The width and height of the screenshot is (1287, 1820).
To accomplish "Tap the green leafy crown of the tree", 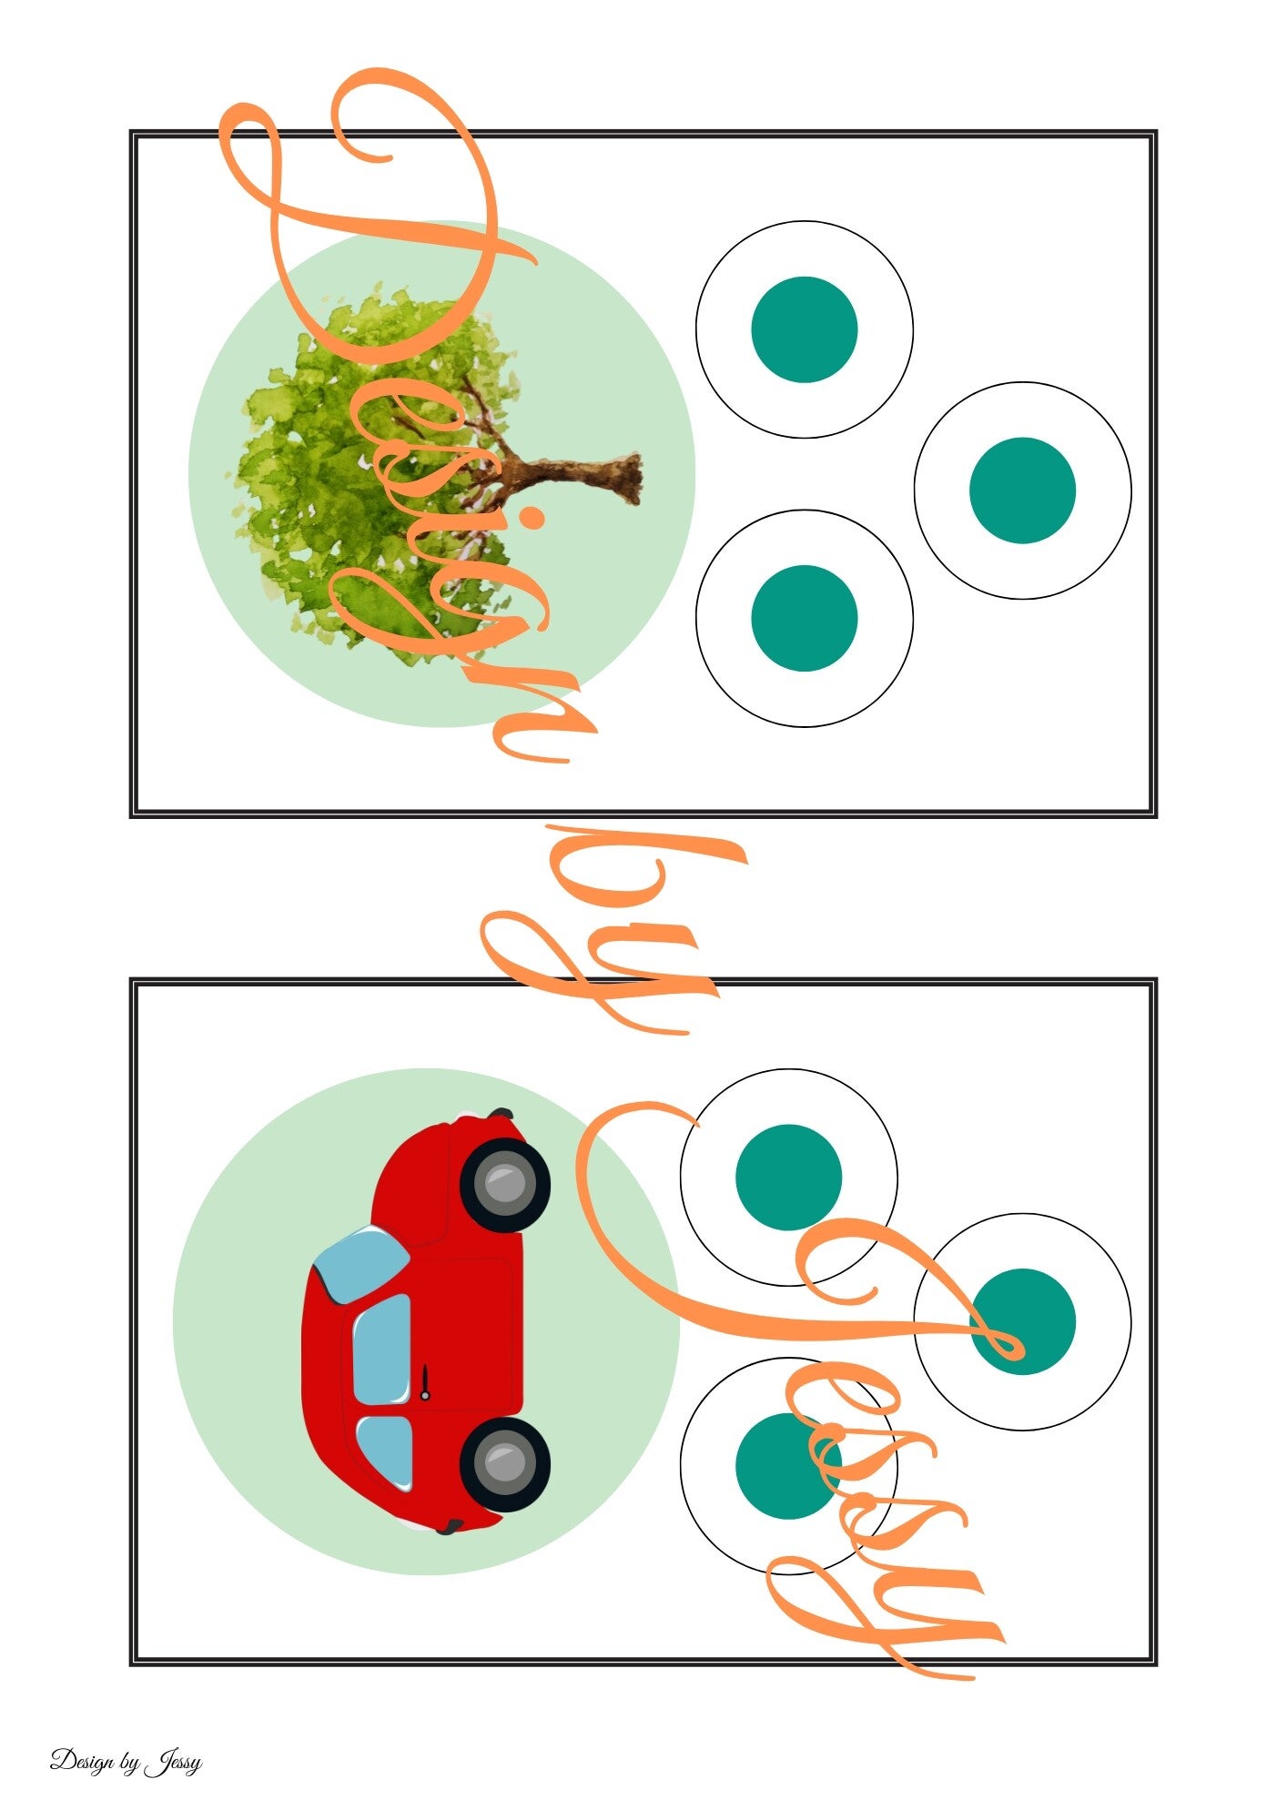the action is click(x=373, y=473).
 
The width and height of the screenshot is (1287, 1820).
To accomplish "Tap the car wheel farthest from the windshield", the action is click(x=505, y=1463).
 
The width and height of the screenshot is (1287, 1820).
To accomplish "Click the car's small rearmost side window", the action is click(x=384, y=1452).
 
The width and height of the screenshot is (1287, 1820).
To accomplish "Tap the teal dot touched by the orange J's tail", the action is click(x=1022, y=1321).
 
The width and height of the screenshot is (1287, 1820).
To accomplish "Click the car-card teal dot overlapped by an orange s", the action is click(x=788, y=1466).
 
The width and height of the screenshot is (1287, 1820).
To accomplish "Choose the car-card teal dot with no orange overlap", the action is click(x=788, y=1178).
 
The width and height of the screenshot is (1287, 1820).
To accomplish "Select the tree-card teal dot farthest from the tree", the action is click(x=1022, y=490).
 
